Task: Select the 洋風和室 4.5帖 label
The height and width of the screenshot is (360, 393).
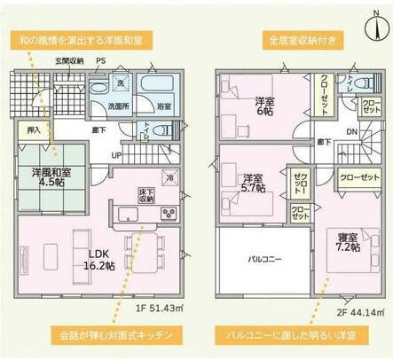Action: click(51, 177)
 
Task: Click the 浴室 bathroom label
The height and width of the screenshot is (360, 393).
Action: click(164, 106)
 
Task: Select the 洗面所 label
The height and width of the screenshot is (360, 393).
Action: click(118, 106)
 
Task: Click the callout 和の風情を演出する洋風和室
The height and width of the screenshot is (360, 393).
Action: click(78, 41)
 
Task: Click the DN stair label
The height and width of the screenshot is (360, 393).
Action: click(351, 133)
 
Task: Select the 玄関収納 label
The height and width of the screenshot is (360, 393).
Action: click(68, 60)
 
